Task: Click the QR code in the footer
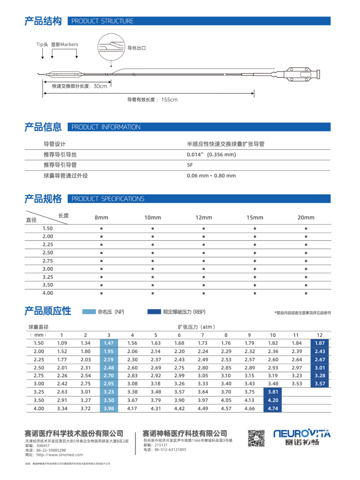coord(256,438)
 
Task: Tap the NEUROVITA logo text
coord(302,434)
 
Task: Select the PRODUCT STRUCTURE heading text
coord(102,21)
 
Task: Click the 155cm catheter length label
coord(169,100)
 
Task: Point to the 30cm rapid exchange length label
coord(100,86)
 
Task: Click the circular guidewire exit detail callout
coord(111,47)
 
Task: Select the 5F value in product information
coord(190,165)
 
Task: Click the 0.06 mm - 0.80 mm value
coord(211,176)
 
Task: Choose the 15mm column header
coord(255,217)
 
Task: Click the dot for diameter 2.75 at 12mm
coord(204,261)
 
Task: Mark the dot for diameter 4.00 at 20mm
coord(306,293)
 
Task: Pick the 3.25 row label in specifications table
coord(48,277)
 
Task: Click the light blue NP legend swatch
coord(89,312)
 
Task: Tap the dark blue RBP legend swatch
coord(154,312)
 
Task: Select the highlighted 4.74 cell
coord(273,408)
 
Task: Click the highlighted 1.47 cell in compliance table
coord(109,343)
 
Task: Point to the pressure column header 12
coord(319,335)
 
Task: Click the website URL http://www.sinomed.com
coord(60,455)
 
